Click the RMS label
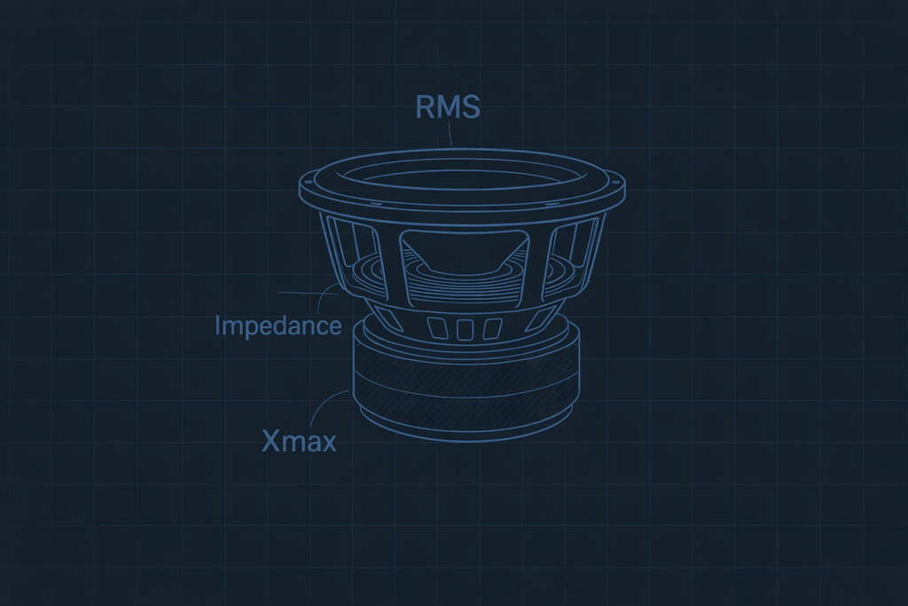point(448,106)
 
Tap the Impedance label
point(278,326)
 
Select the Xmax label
point(299,440)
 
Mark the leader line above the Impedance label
point(306,292)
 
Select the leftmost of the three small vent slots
point(437,328)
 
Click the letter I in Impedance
point(217,326)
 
